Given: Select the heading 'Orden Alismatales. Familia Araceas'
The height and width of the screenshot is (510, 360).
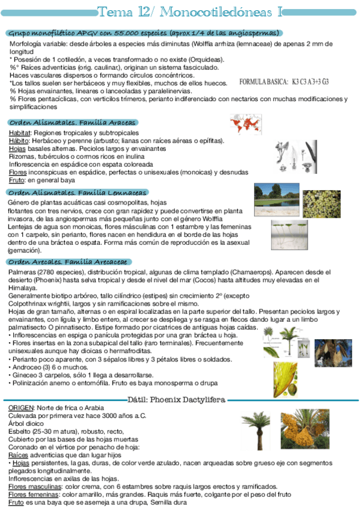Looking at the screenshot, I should [72, 122].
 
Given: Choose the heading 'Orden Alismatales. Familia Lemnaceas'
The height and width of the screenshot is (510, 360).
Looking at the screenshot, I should [78, 192].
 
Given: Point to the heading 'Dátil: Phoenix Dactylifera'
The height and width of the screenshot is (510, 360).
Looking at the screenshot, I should [176, 399].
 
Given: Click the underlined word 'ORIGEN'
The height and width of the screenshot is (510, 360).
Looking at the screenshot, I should [21, 408].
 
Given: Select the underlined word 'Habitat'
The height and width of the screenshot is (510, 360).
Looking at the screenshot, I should [20, 132].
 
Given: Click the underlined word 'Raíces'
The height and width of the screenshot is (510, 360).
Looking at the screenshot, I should [19, 455].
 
